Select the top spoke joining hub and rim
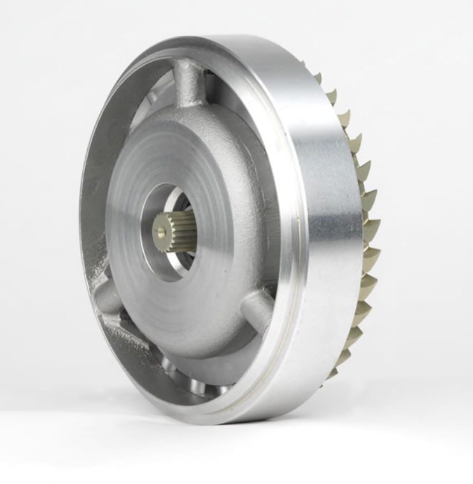pos(189,83)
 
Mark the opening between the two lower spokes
pos(191,376)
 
